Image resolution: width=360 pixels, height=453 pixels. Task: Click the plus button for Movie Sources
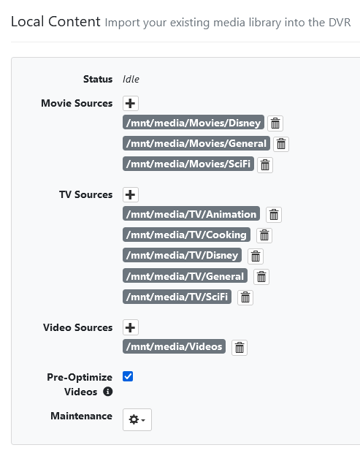131,104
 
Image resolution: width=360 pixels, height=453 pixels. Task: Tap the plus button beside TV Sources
131,194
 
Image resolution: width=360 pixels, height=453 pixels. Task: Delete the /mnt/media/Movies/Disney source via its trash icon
275,123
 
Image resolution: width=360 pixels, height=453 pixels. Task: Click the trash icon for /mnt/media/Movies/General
281,144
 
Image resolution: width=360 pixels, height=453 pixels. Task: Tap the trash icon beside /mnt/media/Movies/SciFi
265,165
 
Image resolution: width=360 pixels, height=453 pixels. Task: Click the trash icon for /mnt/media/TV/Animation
274,215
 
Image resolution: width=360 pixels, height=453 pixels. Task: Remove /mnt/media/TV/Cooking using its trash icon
264,235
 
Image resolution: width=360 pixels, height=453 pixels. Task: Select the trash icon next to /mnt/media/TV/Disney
256,256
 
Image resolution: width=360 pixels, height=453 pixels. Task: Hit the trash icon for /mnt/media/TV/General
261,277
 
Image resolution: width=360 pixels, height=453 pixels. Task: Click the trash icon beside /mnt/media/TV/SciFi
245,297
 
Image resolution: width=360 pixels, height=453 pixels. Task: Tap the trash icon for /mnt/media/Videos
240,348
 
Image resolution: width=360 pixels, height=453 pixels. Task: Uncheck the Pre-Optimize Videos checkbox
128,376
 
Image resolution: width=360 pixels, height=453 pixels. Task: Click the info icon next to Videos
108,392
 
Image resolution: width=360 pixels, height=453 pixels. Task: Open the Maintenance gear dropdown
137,419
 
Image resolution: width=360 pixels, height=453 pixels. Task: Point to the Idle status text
131,79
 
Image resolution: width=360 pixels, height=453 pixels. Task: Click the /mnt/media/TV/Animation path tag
191,214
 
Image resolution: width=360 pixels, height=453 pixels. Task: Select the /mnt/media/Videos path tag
174,346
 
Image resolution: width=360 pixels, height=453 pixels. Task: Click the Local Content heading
55,22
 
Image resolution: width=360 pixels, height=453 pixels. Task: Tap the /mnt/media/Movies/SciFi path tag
188,164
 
